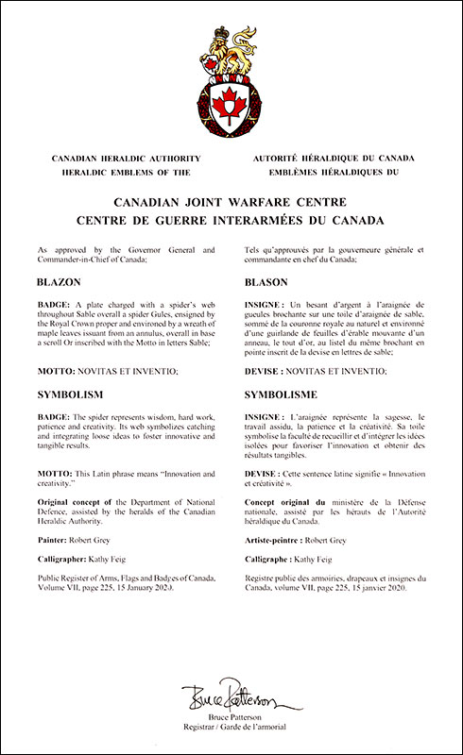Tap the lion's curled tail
(250, 47)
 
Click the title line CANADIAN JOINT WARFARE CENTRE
(231, 202)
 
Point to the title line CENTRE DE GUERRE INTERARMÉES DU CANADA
(231, 221)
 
